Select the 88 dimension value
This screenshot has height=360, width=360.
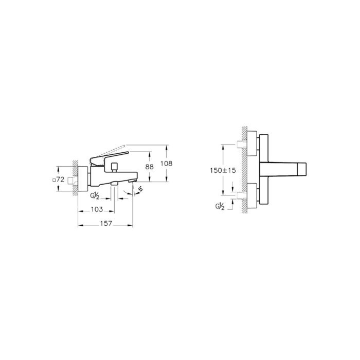tap(150, 167)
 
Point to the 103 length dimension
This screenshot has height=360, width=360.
tap(97, 209)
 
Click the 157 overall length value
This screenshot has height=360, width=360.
tap(105, 224)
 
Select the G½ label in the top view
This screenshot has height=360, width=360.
tap(220, 207)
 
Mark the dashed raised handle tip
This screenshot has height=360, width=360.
tap(125, 147)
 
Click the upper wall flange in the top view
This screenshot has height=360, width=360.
tap(251, 142)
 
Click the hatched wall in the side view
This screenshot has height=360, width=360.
tap(75, 177)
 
